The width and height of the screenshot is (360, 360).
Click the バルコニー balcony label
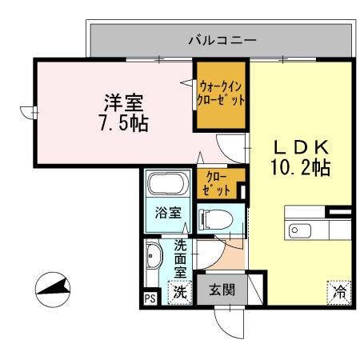click(222, 38)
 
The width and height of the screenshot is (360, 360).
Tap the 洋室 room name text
click(123, 104)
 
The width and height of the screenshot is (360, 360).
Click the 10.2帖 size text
click(302, 168)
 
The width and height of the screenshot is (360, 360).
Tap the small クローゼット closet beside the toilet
click(217, 184)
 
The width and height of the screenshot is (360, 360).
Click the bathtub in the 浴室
click(166, 187)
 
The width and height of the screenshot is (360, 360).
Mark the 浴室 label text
click(167, 214)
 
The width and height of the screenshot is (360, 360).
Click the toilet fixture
click(215, 218)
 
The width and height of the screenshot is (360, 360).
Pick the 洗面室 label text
click(181, 258)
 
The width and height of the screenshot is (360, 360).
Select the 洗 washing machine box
click(181, 293)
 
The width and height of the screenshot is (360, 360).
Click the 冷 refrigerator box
click(339, 292)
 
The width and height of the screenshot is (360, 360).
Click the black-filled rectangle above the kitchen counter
click(338, 212)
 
